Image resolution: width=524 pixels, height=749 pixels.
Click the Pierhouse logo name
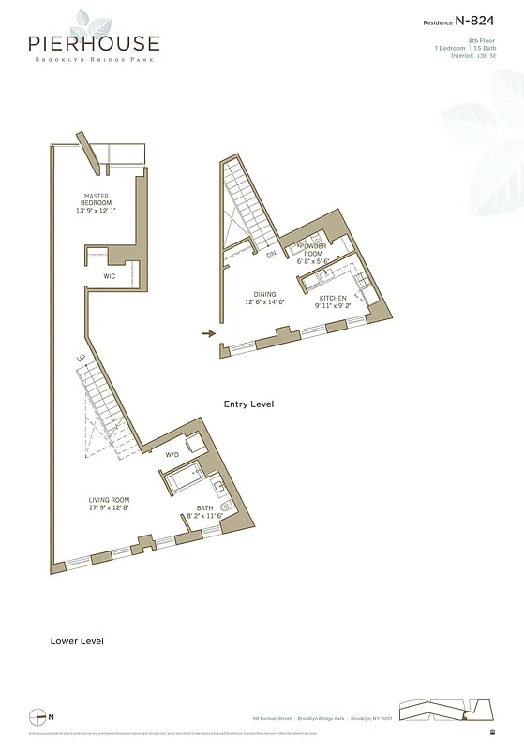click(94, 43)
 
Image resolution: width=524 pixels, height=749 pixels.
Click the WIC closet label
click(110, 277)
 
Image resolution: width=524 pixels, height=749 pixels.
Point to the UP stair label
click(82, 360)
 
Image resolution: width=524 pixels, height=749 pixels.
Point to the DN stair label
click(271, 255)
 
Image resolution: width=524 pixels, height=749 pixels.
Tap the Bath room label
click(205, 508)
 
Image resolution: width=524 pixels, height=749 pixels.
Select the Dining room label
click(264, 295)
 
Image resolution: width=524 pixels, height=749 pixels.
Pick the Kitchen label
click(332, 298)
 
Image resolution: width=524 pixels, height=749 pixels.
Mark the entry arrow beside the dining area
click(209, 332)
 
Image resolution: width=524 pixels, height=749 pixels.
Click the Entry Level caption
click(248, 404)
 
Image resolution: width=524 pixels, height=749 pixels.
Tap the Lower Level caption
click(77, 641)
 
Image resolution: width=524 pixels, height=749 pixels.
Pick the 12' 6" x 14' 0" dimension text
click(264, 303)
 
